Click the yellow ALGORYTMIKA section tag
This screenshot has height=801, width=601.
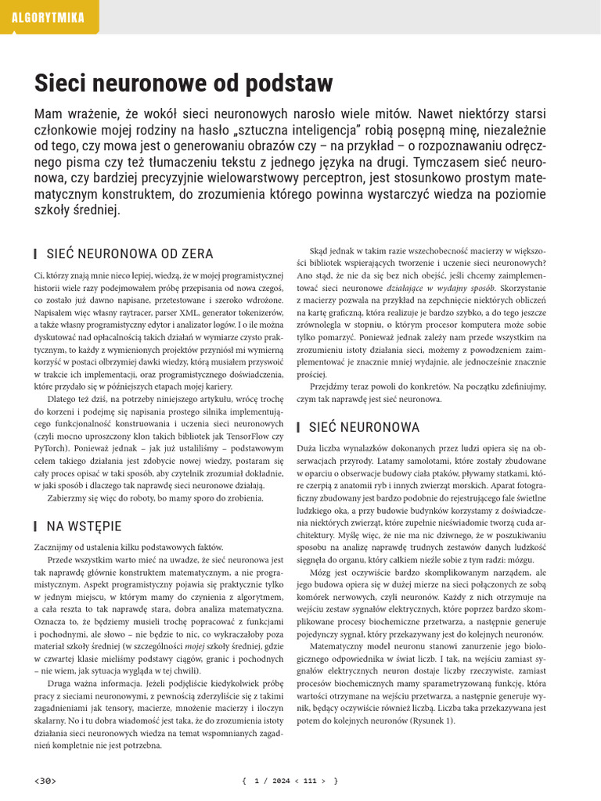click(49, 17)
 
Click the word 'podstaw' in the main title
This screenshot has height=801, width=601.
click(289, 83)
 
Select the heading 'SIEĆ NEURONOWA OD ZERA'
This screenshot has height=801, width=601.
click(129, 254)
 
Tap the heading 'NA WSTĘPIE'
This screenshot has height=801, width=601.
click(84, 526)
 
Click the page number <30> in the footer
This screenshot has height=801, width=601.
click(45, 780)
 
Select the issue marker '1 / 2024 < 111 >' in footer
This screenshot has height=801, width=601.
click(290, 780)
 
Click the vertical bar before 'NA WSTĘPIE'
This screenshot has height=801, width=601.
click(36, 526)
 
